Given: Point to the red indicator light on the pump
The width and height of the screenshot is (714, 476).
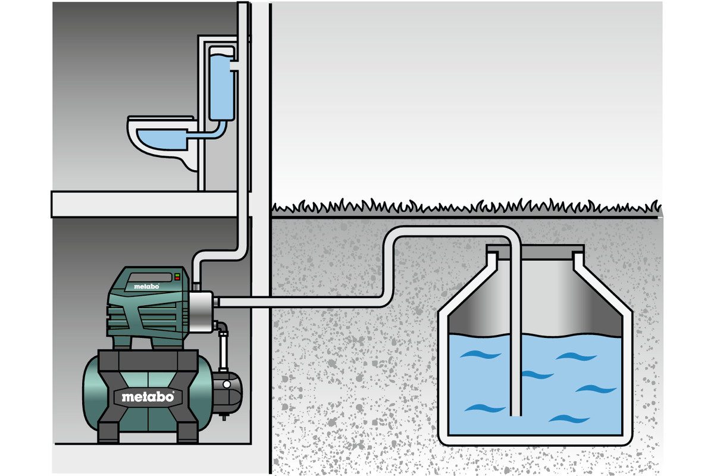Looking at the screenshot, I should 177,275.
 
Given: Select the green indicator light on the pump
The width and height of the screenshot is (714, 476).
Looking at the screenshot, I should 177,279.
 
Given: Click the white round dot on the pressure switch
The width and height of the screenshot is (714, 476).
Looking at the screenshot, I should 227,384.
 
